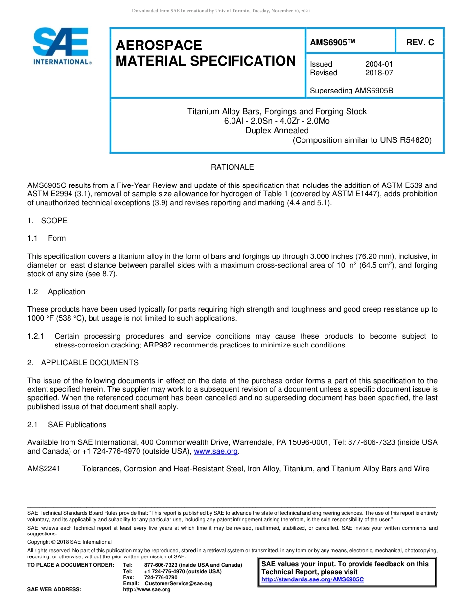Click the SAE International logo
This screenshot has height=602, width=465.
coord(61,46)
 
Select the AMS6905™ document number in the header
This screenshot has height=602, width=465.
coord(332,43)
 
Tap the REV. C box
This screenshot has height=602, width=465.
coord(419,43)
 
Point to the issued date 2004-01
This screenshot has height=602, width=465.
coord(379,64)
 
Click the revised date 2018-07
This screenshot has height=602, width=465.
coord(379,73)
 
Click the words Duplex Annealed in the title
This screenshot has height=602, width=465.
coord(277,130)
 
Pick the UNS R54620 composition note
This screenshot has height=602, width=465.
coord(362,140)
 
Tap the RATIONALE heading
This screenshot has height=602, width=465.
coord(232,167)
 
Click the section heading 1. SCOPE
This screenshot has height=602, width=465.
coord(47,221)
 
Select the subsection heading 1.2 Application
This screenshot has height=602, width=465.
coord(56,292)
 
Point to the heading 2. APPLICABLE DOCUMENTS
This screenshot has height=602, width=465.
coord(83,363)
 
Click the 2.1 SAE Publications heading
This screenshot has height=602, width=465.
coord(67,425)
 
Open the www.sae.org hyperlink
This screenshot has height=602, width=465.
coord(216,451)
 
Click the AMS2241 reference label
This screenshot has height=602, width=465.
coord(44,469)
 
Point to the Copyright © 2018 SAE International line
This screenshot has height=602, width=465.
coord(70,542)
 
